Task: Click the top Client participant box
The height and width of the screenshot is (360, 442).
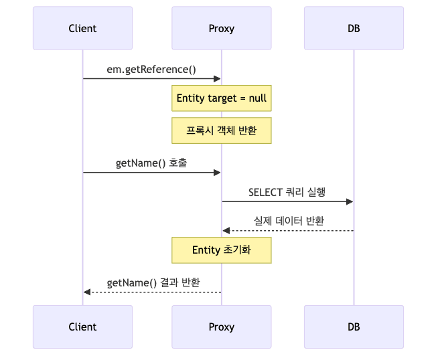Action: [82, 28]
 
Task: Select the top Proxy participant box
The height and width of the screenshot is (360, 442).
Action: [221, 28]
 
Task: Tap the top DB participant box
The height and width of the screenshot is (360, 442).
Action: [353, 28]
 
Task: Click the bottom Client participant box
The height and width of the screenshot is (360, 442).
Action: [82, 327]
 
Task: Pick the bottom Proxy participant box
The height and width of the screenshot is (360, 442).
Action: [221, 327]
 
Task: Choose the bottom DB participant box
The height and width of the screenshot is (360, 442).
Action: [353, 327]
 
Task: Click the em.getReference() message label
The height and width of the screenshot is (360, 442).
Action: [151, 69]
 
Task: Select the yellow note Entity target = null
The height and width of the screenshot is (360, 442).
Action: [221, 98]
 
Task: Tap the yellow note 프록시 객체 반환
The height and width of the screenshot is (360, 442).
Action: [221, 130]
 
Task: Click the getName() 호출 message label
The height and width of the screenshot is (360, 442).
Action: [151, 163]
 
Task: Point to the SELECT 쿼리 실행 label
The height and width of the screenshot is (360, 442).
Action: [287, 192]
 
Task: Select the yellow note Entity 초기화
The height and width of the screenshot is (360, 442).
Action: [221, 250]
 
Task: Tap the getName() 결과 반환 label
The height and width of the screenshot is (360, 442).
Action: [153, 282]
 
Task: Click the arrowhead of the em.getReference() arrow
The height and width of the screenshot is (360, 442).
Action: [217, 78]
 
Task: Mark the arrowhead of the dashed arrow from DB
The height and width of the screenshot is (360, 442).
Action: [226, 230]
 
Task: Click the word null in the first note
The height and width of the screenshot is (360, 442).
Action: [257, 98]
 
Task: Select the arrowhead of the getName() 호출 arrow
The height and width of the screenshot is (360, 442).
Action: [217, 173]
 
